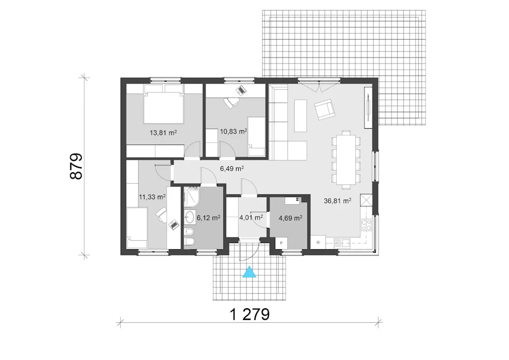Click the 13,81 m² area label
click(x=163, y=132)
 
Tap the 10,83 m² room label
click(x=233, y=131)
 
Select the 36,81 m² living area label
click(x=338, y=200)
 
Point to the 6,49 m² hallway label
click(x=232, y=168)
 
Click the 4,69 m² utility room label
click(x=290, y=218)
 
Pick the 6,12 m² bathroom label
click(x=208, y=218)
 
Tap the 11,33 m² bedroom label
click(x=152, y=197)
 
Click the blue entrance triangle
click(x=249, y=272)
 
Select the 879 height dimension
click(x=76, y=167)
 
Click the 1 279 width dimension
click(x=250, y=314)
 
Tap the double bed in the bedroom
click(x=163, y=104)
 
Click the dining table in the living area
click(x=346, y=160)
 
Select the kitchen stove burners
click(x=366, y=225)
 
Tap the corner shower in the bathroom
click(x=192, y=197)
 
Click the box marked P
click(x=281, y=243)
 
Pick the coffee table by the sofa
click(x=300, y=116)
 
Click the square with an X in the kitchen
click(x=366, y=200)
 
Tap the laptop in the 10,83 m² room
click(x=241, y=90)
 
